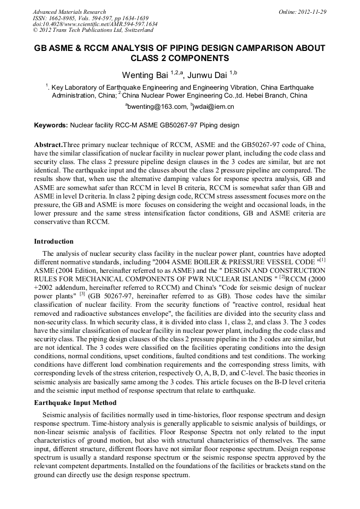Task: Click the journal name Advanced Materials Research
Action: [x=69, y=12]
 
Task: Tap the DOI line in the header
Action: [x=95, y=24]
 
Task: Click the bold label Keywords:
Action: [x=50, y=126]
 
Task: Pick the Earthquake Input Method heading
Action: [x=75, y=403]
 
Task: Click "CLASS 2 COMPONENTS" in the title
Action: [x=180, y=58]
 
